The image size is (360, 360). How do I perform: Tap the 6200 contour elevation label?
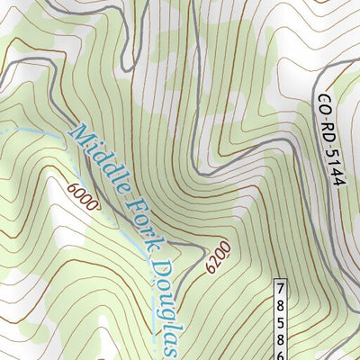(x=220, y=256)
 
